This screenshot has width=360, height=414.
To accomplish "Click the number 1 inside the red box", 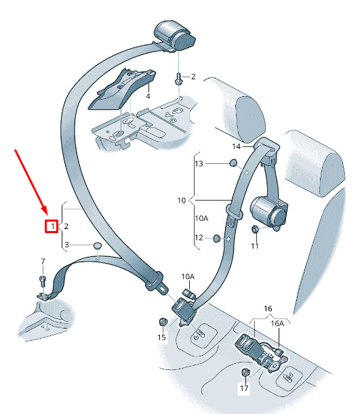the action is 53,226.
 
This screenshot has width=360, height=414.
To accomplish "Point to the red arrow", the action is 31,182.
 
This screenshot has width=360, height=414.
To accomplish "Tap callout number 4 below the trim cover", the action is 148,96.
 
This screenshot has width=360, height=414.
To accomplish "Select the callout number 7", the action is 43,262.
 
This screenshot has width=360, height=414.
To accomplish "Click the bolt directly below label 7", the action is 43,281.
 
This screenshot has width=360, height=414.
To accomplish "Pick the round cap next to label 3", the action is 98,245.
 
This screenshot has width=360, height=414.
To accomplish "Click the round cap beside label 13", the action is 233,163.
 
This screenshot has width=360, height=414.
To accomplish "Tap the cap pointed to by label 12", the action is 216,238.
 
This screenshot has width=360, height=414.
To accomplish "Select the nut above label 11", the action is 255,229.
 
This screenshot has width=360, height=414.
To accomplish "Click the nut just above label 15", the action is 163,322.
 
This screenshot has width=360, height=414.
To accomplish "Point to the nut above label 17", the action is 245,373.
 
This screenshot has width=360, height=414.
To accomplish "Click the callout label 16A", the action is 277,323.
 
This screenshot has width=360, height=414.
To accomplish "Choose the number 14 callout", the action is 237,146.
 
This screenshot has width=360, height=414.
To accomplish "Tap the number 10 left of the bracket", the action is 182,201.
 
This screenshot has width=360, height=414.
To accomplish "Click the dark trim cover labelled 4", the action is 122,89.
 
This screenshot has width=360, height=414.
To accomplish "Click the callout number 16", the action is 268,308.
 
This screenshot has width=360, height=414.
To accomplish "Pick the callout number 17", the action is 244,388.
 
